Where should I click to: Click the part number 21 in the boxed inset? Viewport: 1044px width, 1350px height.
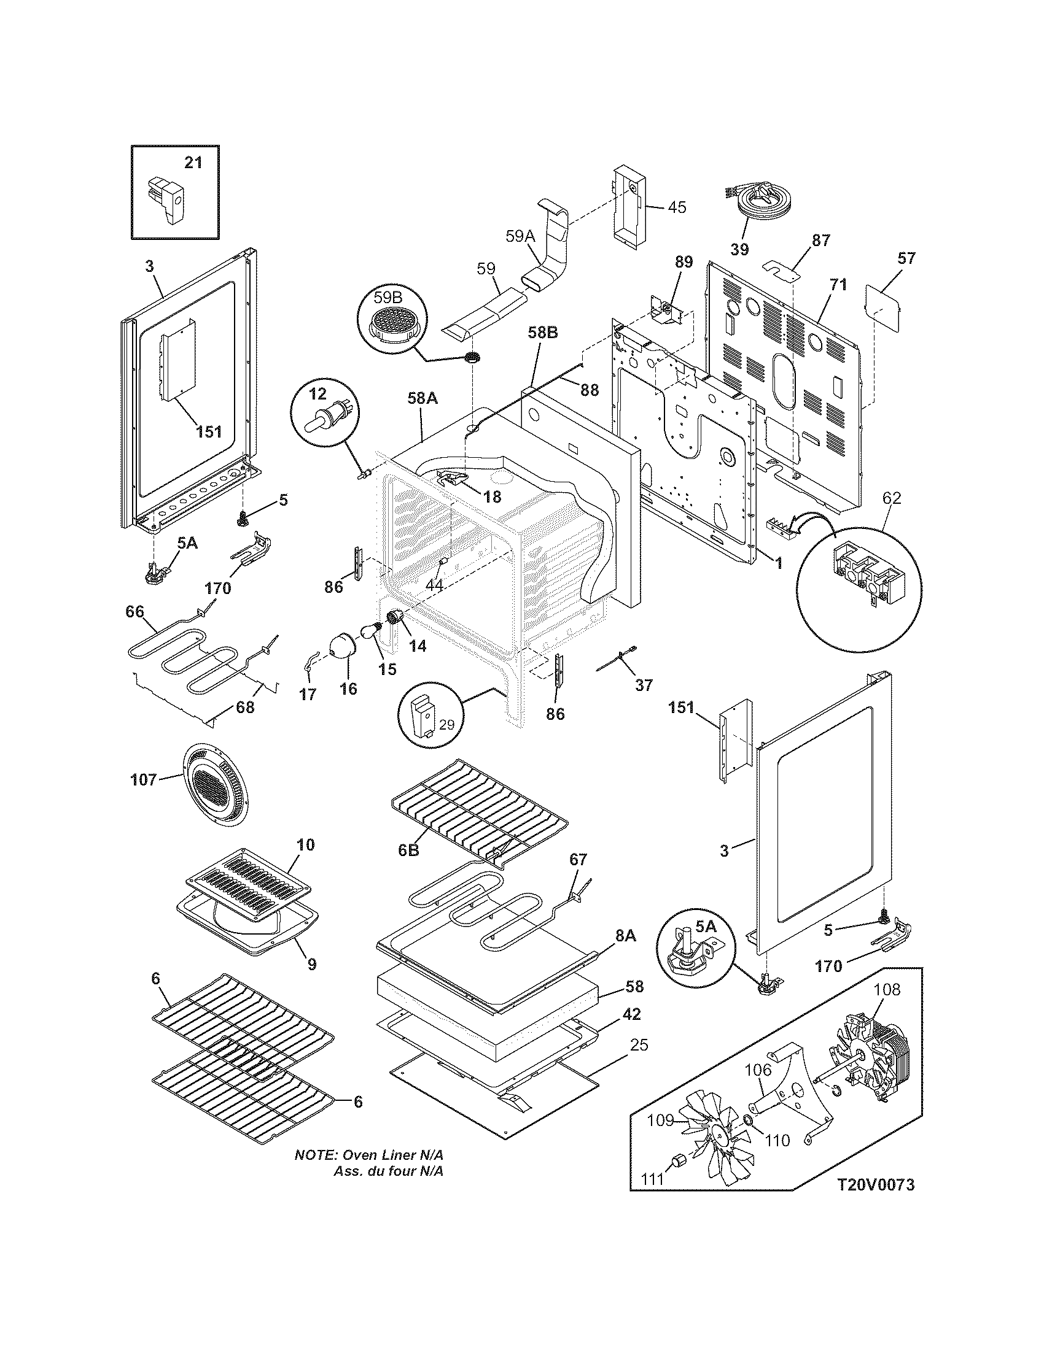coord(193,163)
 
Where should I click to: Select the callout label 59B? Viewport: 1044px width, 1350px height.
coord(388,298)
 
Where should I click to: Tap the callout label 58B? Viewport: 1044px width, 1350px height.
coord(543,333)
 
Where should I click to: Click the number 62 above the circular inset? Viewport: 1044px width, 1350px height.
coord(891,498)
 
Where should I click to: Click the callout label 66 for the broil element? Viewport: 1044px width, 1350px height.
coord(134,612)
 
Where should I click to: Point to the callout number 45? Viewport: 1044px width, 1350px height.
coord(677,207)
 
